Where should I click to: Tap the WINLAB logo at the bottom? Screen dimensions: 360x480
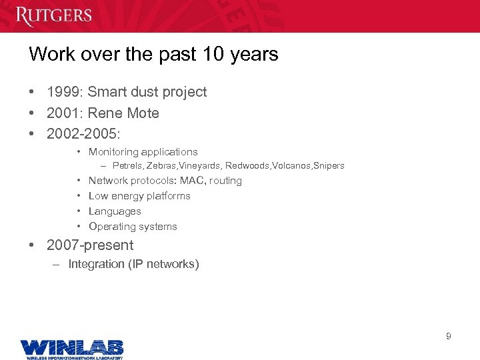(71, 348)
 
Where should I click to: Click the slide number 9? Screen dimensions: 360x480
(448, 336)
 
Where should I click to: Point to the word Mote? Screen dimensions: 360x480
(143, 113)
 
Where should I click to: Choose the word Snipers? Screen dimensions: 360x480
(328, 166)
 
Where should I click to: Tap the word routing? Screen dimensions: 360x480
(225, 181)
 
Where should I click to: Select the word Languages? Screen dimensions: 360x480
(115, 211)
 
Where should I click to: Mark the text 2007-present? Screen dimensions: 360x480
(90, 245)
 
